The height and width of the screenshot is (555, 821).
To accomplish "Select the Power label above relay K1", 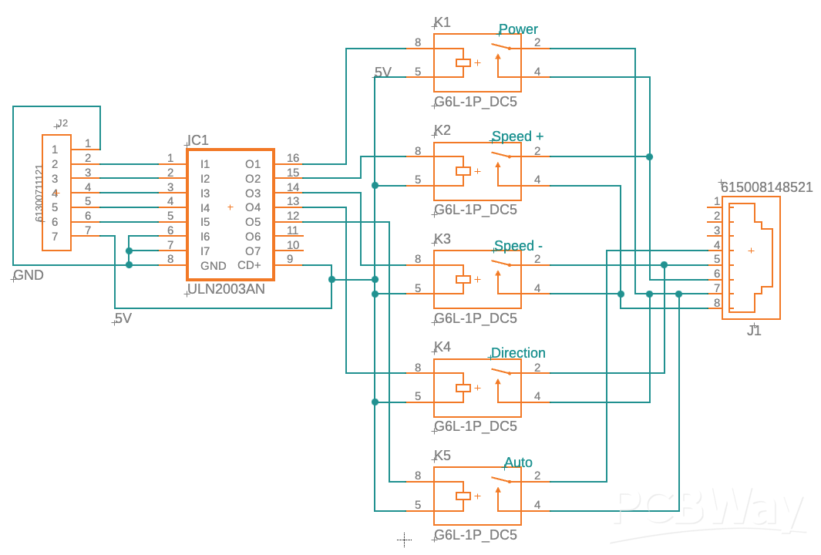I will [x=518, y=30].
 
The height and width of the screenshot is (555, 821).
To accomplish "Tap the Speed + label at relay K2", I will [x=517, y=137].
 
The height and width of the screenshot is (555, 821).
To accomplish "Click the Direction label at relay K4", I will [x=518, y=353].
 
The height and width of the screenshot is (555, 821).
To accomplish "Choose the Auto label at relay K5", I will [x=518, y=462].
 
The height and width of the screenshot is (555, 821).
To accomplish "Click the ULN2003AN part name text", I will [x=226, y=290].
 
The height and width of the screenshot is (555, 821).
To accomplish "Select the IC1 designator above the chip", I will [x=198, y=140].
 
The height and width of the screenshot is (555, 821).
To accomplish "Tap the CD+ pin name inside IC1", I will [x=249, y=265].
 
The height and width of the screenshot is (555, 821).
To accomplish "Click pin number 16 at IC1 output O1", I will [x=293, y=158].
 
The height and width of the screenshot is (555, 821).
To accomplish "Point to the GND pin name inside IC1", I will [x=214, y=266].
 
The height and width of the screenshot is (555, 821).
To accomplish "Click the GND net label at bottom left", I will [x=29, y=275].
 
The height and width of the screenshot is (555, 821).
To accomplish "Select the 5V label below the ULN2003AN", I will [x=123, y=318].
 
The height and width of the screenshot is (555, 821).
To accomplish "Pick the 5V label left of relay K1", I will [x=382, y=72].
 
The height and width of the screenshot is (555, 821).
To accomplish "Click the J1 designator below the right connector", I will [x=754, y=331].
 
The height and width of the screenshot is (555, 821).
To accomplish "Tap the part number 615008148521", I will [x=766, y=187].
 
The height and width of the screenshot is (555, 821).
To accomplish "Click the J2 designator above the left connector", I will [x=62, y=123].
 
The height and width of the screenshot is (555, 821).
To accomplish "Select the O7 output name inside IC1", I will [x=253, y=251].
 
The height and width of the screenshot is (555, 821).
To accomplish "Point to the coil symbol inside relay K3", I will [x=463, y=279].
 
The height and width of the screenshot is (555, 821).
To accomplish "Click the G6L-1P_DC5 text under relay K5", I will [x=475, y=535].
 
